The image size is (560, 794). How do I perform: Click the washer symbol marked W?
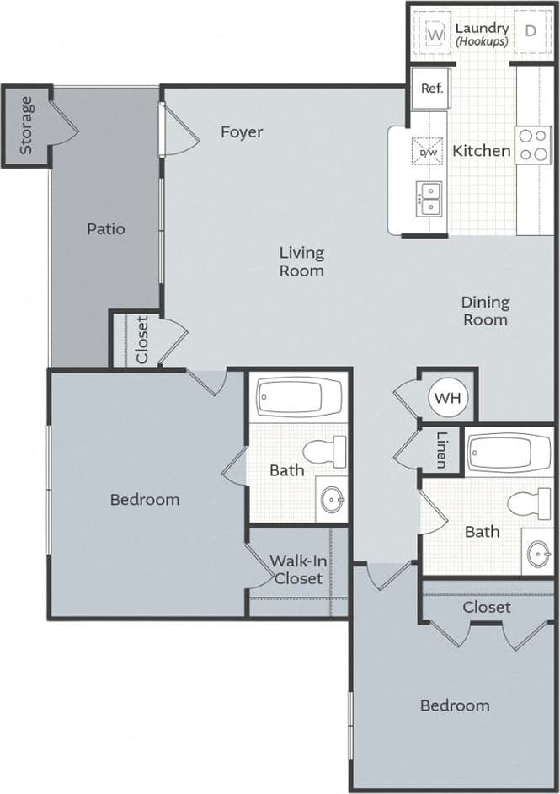(435, 35)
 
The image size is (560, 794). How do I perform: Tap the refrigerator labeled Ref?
(431, 89)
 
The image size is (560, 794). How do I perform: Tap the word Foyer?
(242, 132)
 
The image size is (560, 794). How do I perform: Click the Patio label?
(105, 228)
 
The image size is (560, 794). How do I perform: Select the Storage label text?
(26, 126)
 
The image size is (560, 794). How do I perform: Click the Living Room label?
(301, 261)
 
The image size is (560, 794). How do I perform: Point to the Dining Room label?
(485, 310)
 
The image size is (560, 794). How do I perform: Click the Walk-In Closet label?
(296, 570)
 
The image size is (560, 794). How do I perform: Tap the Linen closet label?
(441, 450)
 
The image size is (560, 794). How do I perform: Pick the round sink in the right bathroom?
(538, 554)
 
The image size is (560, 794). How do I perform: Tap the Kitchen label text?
(482, 151)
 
